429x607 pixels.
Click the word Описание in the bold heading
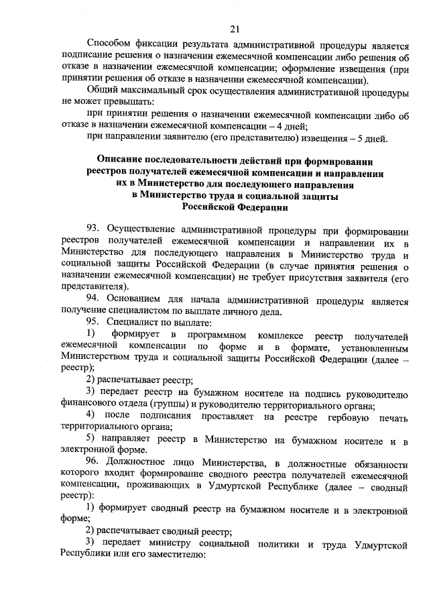(x=123, y=161)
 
